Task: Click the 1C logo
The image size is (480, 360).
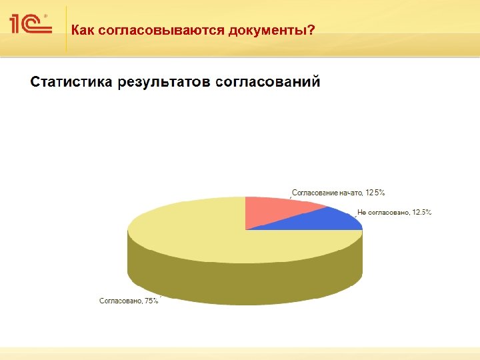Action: point(30,25)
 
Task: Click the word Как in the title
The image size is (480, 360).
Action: point(83,30)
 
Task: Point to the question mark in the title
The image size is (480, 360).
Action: point(311,30)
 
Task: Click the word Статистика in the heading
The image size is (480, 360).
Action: point(71,82)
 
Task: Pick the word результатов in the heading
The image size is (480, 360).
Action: point(164,82)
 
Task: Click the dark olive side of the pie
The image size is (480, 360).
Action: point(240,280)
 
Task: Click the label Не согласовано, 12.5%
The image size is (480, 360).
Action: point(395,213)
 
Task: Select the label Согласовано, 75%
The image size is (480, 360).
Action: point(129,301)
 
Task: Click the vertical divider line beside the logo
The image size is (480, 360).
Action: point(66,30)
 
